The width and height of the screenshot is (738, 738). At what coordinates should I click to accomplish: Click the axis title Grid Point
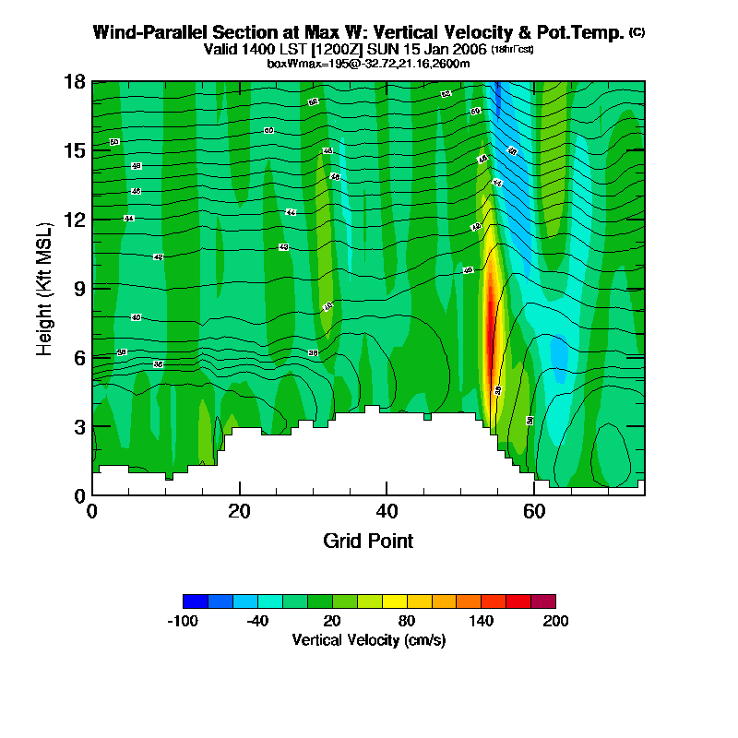pyautogui.click(x=368, y=541)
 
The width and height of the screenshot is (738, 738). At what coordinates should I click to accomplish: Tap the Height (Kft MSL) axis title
pyautogui.click(x=44, y=289)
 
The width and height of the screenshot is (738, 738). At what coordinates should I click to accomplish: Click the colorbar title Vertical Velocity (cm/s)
pyautogui.click(x=369, y=639)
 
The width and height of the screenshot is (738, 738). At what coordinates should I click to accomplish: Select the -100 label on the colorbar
pyautogui.click(x=183, y=621)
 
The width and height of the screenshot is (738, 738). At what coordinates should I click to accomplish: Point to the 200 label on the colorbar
pyautogui.click(x=555, y=621)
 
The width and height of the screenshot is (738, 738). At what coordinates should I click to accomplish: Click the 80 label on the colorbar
pyautogui.click(x=406, y=621)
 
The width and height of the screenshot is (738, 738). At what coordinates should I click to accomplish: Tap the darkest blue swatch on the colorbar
pyautogui.click(x=196, y=601)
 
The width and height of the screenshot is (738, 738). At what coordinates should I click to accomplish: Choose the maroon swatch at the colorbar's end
pyautogui.click(x=543, y=601)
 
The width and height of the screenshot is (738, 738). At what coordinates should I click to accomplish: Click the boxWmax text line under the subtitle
pyautogui.click(x=369, y=63)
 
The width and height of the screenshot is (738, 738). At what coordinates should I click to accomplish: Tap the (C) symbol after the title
pyautogui.click(x=637, y=32)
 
